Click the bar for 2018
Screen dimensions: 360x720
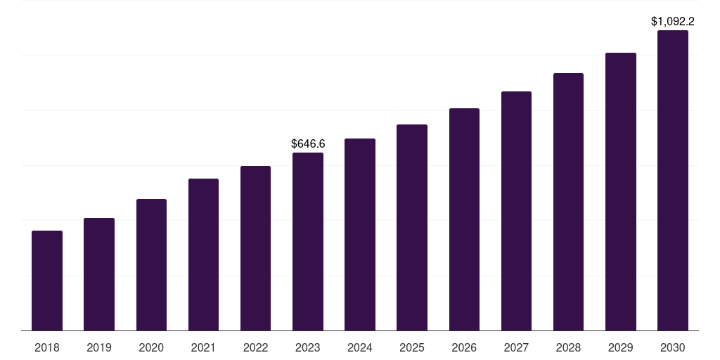[x=47, y=281]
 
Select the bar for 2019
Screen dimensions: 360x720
[x=99, y=274]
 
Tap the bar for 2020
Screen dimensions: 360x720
[x=151, y=264]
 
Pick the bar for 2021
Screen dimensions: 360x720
[x=203, y=255]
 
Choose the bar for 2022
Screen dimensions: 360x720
[x=255, y=248]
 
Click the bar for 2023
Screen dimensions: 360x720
[x=308, y=241]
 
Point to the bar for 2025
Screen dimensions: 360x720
[x=412, y=227]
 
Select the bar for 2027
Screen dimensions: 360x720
[x=516, y=211]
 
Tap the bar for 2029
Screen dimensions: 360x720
[x=621, y=191]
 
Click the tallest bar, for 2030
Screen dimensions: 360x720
[x=673, y=180]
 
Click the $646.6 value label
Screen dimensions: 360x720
[x=308, y=143]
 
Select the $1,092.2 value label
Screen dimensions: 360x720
[x=673, y=21]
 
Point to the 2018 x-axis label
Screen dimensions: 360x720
[x=47, y=347]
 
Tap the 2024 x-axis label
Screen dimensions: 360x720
[x=360, y=347]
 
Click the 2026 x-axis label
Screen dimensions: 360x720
[x=464, y=347]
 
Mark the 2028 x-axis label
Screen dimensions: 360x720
[x=568, y=347]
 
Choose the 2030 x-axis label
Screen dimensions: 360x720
[x=673, y=347]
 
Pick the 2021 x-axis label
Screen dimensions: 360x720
[x=203, y=347]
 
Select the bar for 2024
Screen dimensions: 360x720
[x=360, y=234]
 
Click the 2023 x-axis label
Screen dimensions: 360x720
[x=308, y=347]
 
